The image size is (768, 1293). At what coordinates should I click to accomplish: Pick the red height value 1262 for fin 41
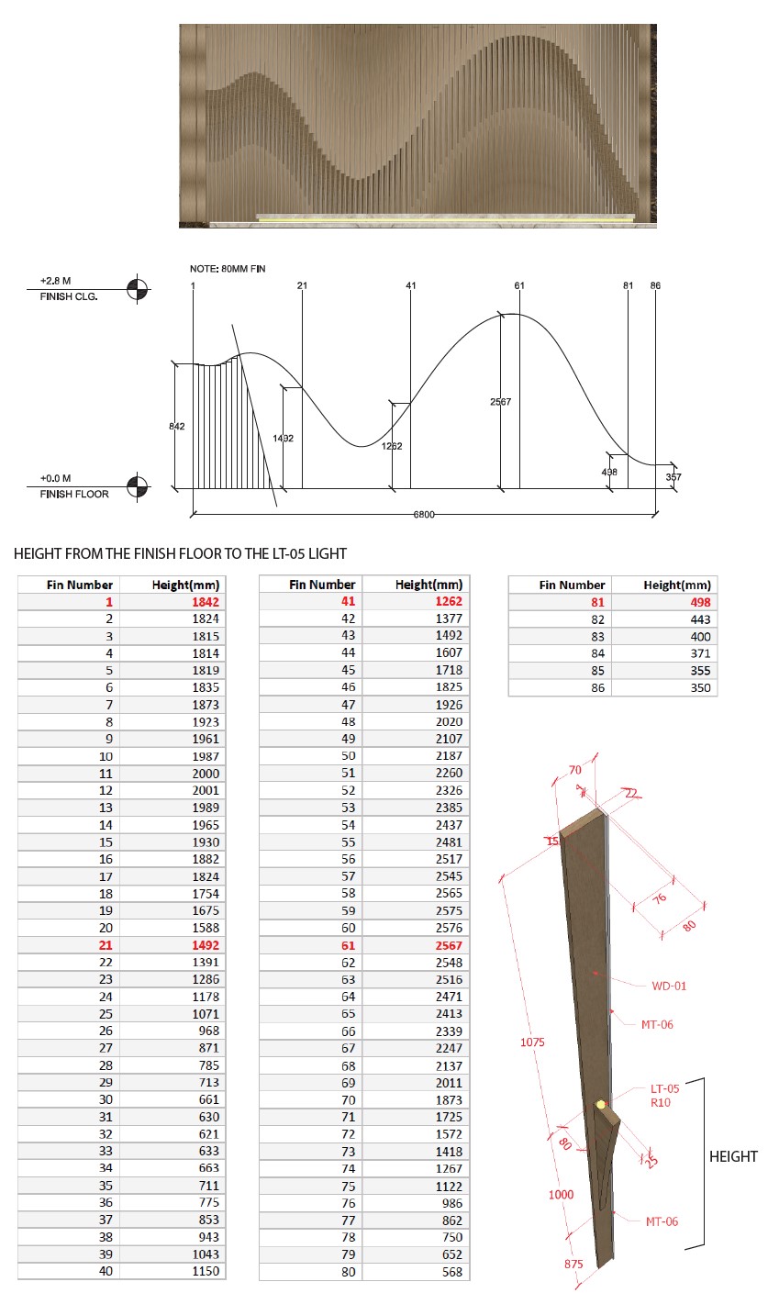click(x=446, y=601)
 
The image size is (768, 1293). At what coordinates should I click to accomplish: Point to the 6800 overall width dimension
click(x=423, y=516)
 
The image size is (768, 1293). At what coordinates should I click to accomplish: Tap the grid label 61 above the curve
click(x=519, y=285)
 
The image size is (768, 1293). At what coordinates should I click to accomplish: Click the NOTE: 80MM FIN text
click(x=228, y=268)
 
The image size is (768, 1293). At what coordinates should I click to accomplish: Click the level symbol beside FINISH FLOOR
click(x=137, y=485)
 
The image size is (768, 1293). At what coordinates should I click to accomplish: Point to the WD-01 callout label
click(x=669, y=986)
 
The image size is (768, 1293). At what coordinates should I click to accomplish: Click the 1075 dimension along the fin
click(x=531, y=1042)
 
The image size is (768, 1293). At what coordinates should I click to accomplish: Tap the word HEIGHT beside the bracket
click(x=733, y=1156)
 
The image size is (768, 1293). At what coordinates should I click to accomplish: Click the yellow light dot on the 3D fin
click(x=601, y=1106)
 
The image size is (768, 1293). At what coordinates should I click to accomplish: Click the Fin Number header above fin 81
click(x=572, y=585)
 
